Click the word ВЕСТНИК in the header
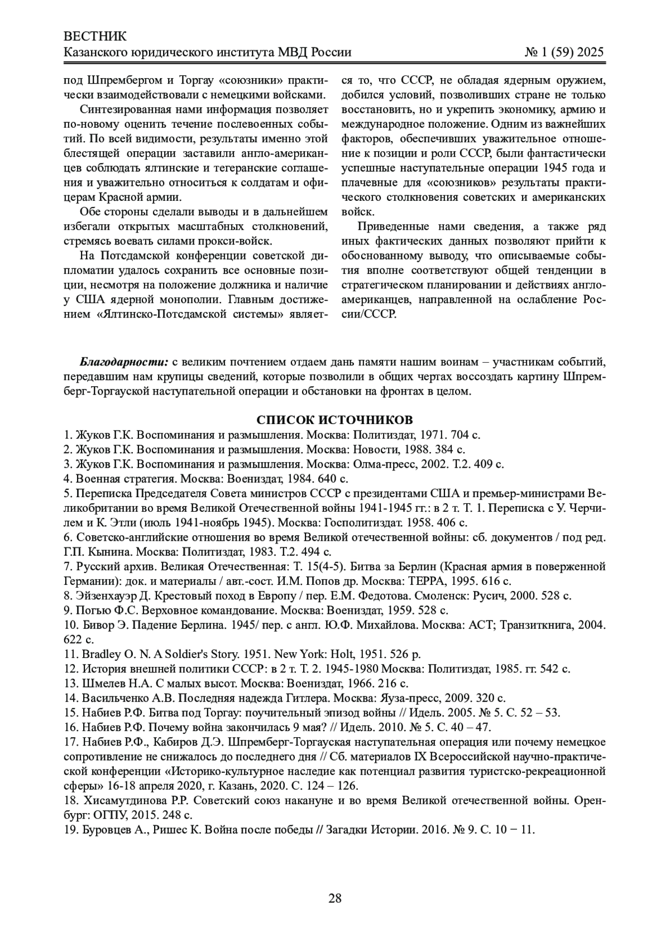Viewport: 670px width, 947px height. click(x=95, y=37)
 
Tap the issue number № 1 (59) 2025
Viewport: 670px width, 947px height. click(x=564, y=52)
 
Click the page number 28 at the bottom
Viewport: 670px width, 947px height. click(x=335, y=898)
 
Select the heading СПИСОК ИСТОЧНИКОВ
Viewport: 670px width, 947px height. click(x=335, y=420)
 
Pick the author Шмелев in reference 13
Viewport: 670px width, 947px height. click(x=103, y=683)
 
